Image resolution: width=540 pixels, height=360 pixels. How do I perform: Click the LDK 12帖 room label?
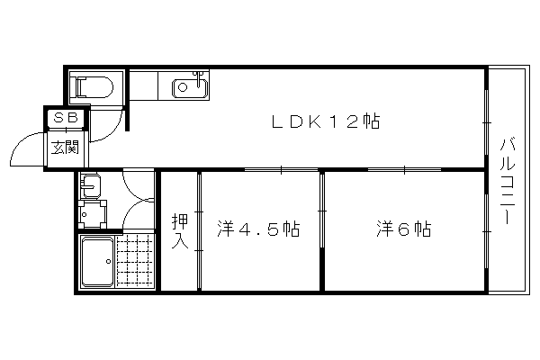pos(326,121)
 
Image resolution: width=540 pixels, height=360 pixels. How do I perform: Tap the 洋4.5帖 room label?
pos(258,229)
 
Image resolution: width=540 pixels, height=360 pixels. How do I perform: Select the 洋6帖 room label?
pos(403,229)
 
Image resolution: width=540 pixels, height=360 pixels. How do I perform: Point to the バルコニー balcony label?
pos(508,181)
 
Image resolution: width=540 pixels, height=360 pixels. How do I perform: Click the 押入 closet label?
pos(180,231)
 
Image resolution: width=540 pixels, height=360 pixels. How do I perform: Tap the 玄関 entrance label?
pos(65,148)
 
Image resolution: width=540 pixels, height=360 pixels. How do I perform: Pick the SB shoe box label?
pos(66,119)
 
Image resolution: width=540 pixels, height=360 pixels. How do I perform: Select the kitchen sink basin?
pos(190,87)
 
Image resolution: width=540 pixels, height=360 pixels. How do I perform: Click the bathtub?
pos(97,262)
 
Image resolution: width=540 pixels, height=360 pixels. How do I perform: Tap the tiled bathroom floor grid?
pos(135,261)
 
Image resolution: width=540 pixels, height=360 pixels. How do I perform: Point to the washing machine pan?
pos(93,214)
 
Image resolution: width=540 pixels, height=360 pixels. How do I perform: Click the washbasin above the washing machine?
pos(89,186)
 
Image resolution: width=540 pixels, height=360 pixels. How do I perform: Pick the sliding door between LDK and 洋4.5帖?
pos(282,169)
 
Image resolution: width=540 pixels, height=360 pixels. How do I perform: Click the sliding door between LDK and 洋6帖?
pos(405,169)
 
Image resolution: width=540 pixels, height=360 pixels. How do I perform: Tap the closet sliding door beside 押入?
pos(199,231)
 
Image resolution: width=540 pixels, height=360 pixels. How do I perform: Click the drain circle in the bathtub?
pos(108,262)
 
